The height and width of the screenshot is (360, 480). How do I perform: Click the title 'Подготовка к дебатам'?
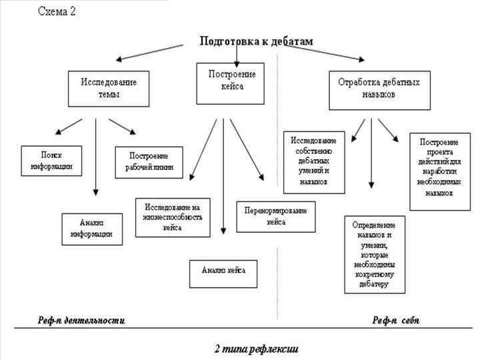[256, 41]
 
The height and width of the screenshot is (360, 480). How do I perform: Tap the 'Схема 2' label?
[57, 13]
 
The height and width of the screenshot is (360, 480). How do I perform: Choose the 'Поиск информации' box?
[51, 161]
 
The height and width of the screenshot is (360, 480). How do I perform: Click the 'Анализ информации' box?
[92, 229]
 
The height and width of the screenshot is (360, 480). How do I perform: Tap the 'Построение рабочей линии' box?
[149, 161]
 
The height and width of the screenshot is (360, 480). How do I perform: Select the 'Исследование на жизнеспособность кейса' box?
[172, 217]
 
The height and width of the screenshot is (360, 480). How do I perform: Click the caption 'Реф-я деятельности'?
[81, 321]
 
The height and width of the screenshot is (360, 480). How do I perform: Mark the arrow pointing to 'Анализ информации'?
[96, 157]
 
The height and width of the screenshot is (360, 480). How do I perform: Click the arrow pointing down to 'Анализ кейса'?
[223, 177]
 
